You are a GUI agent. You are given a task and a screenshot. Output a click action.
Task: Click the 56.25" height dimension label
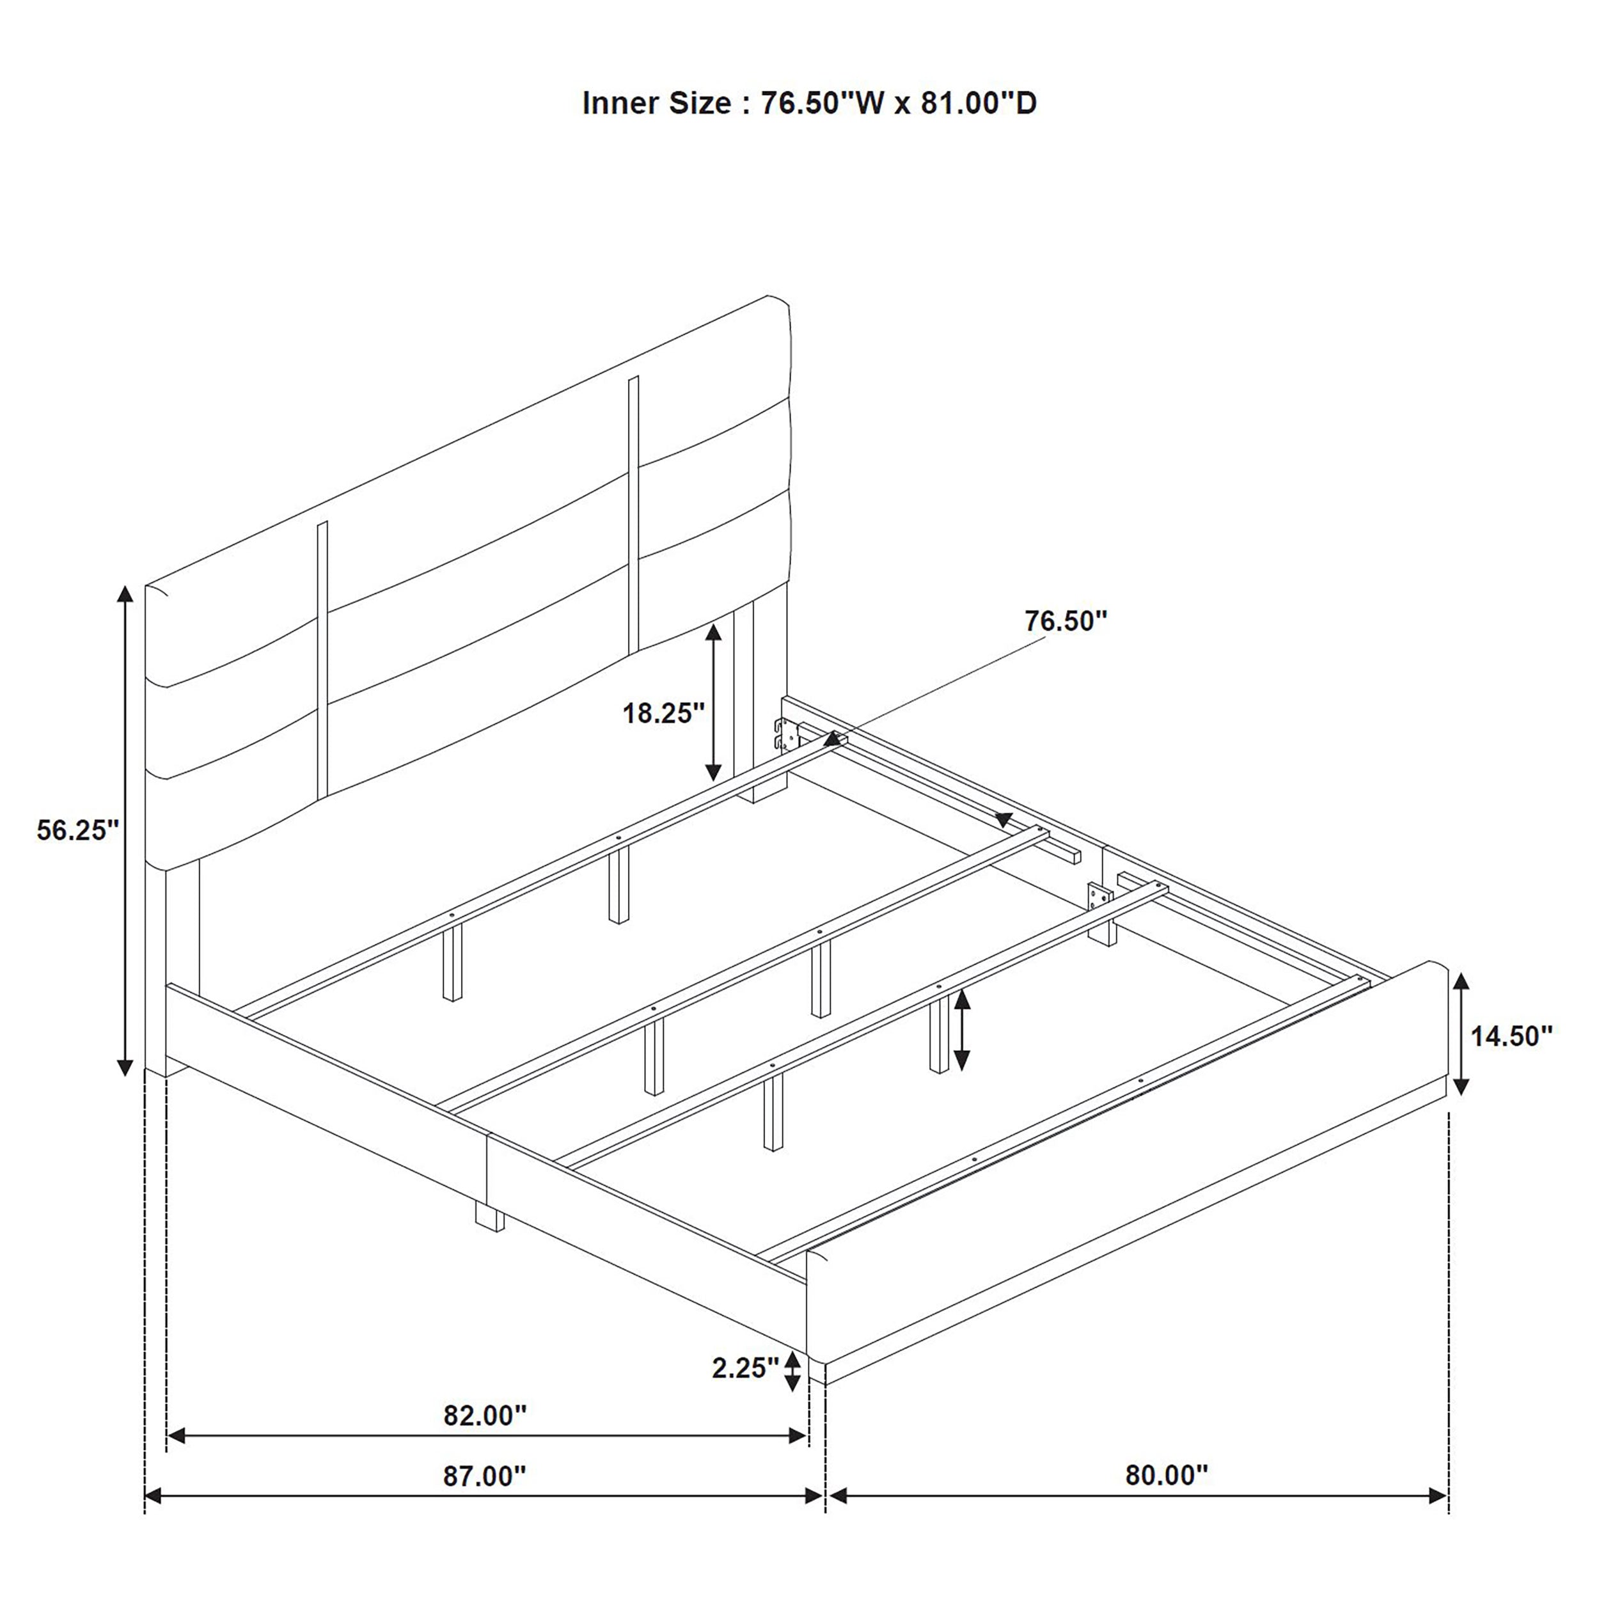(x=78, y=830)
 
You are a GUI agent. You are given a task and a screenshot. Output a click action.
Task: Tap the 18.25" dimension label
(x=663, y=713)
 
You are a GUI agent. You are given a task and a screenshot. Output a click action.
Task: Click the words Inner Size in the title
(x=656, y=104)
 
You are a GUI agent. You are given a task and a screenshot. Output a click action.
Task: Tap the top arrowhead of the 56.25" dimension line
(x=125, y=594)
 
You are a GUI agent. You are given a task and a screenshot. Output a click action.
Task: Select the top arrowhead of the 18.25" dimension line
(x=713, y=633)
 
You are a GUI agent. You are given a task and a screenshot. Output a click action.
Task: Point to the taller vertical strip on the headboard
(x=634, y=513)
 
